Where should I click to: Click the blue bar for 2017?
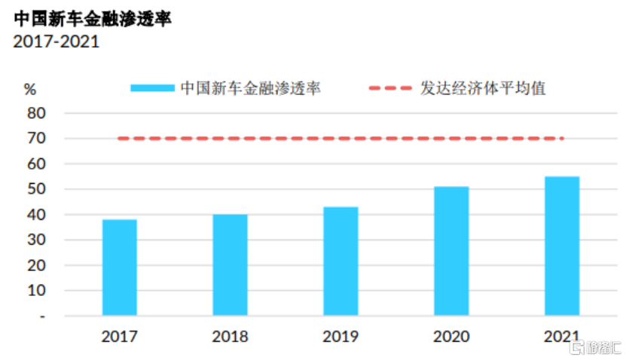click(x=119, y=267)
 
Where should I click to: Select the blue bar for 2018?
click(x=230, y=265)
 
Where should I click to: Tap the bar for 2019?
click(x=340, y=261)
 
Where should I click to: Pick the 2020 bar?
click(x=451, y=251)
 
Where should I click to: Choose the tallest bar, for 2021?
click(x=562, y=246)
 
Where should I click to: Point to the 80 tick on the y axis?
click(x=36, y=114)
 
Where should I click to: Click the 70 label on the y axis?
click(x=36, y=139)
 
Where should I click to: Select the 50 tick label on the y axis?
click(x=36, y=189)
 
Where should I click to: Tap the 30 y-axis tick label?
click(x=36, y=239)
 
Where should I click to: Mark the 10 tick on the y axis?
click(x=36, y=291)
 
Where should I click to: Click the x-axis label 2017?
click(x=119, y=337)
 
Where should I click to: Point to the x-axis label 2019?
click(x=340, y=337)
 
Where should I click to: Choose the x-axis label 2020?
click(x=451, y=337)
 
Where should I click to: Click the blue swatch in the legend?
click(x=152, y=88)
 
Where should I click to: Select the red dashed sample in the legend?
click(x=390, y=88)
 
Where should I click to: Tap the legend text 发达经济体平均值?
click(x=483, y=88)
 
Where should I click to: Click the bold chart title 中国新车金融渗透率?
click(x=93, y=19)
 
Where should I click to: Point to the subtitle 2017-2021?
click(x=56, y=41)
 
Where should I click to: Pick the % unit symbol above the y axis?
click(x=30, y=89)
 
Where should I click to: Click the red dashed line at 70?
click(x=340, y=139)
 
